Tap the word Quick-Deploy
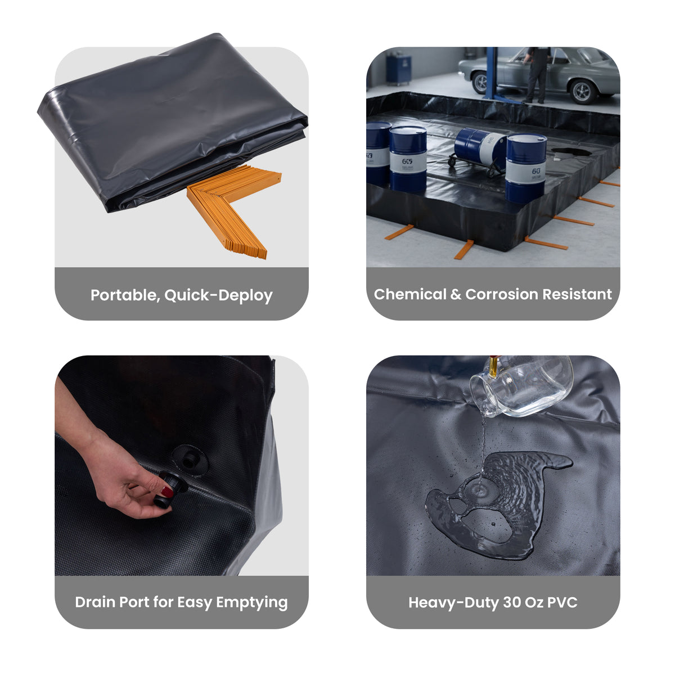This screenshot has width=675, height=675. tap(218, 295)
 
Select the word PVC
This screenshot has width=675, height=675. tap(562, 602)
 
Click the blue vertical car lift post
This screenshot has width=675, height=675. tap(492, 73)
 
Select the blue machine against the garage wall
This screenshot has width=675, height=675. tap(399, 68)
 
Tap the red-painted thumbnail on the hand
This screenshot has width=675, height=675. tap(167, 492)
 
